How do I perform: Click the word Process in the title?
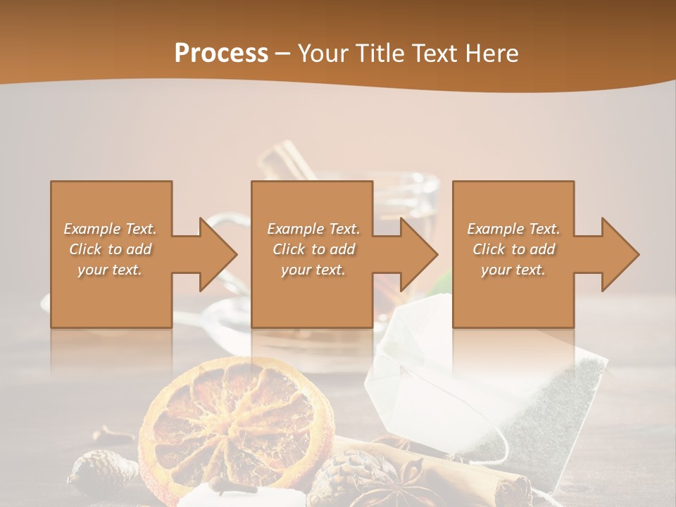coord(221,53)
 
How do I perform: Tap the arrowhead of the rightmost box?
coord(619,254)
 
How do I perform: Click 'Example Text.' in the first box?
coord(110,229)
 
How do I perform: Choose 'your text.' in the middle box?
coord(313,270)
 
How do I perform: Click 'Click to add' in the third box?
coord(513,249)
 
